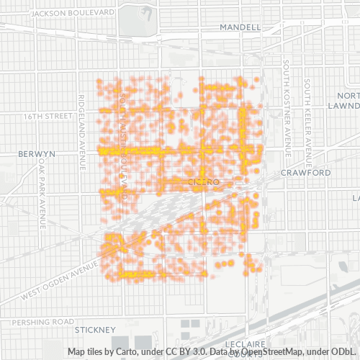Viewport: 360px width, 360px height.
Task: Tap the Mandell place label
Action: pos(240,27)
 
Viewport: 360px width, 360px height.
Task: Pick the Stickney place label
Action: pos(96,329)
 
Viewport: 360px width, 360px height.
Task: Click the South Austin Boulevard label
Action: pos(123,144)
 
